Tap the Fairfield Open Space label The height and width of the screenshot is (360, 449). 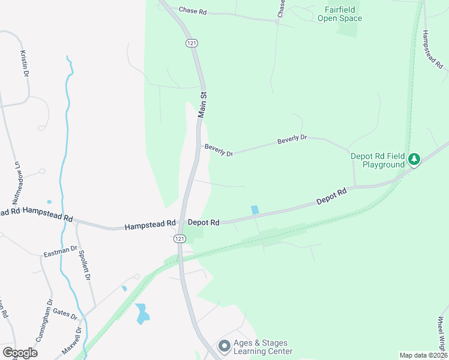(343, 14)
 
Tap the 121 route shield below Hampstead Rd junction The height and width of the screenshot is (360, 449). (180, 239)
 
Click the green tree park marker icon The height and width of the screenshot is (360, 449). (414, 159)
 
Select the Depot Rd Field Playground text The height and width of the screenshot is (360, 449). (378, 160)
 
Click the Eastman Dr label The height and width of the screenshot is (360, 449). (61, 251)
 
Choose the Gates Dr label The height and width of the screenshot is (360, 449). (65, 313)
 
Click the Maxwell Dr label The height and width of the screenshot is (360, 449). (71, 341)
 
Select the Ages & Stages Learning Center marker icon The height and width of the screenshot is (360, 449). (224, 346)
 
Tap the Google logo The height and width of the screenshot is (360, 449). (19, 353)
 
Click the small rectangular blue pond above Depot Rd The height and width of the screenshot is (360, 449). (255, 209)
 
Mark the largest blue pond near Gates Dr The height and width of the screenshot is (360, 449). (142, 313)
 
